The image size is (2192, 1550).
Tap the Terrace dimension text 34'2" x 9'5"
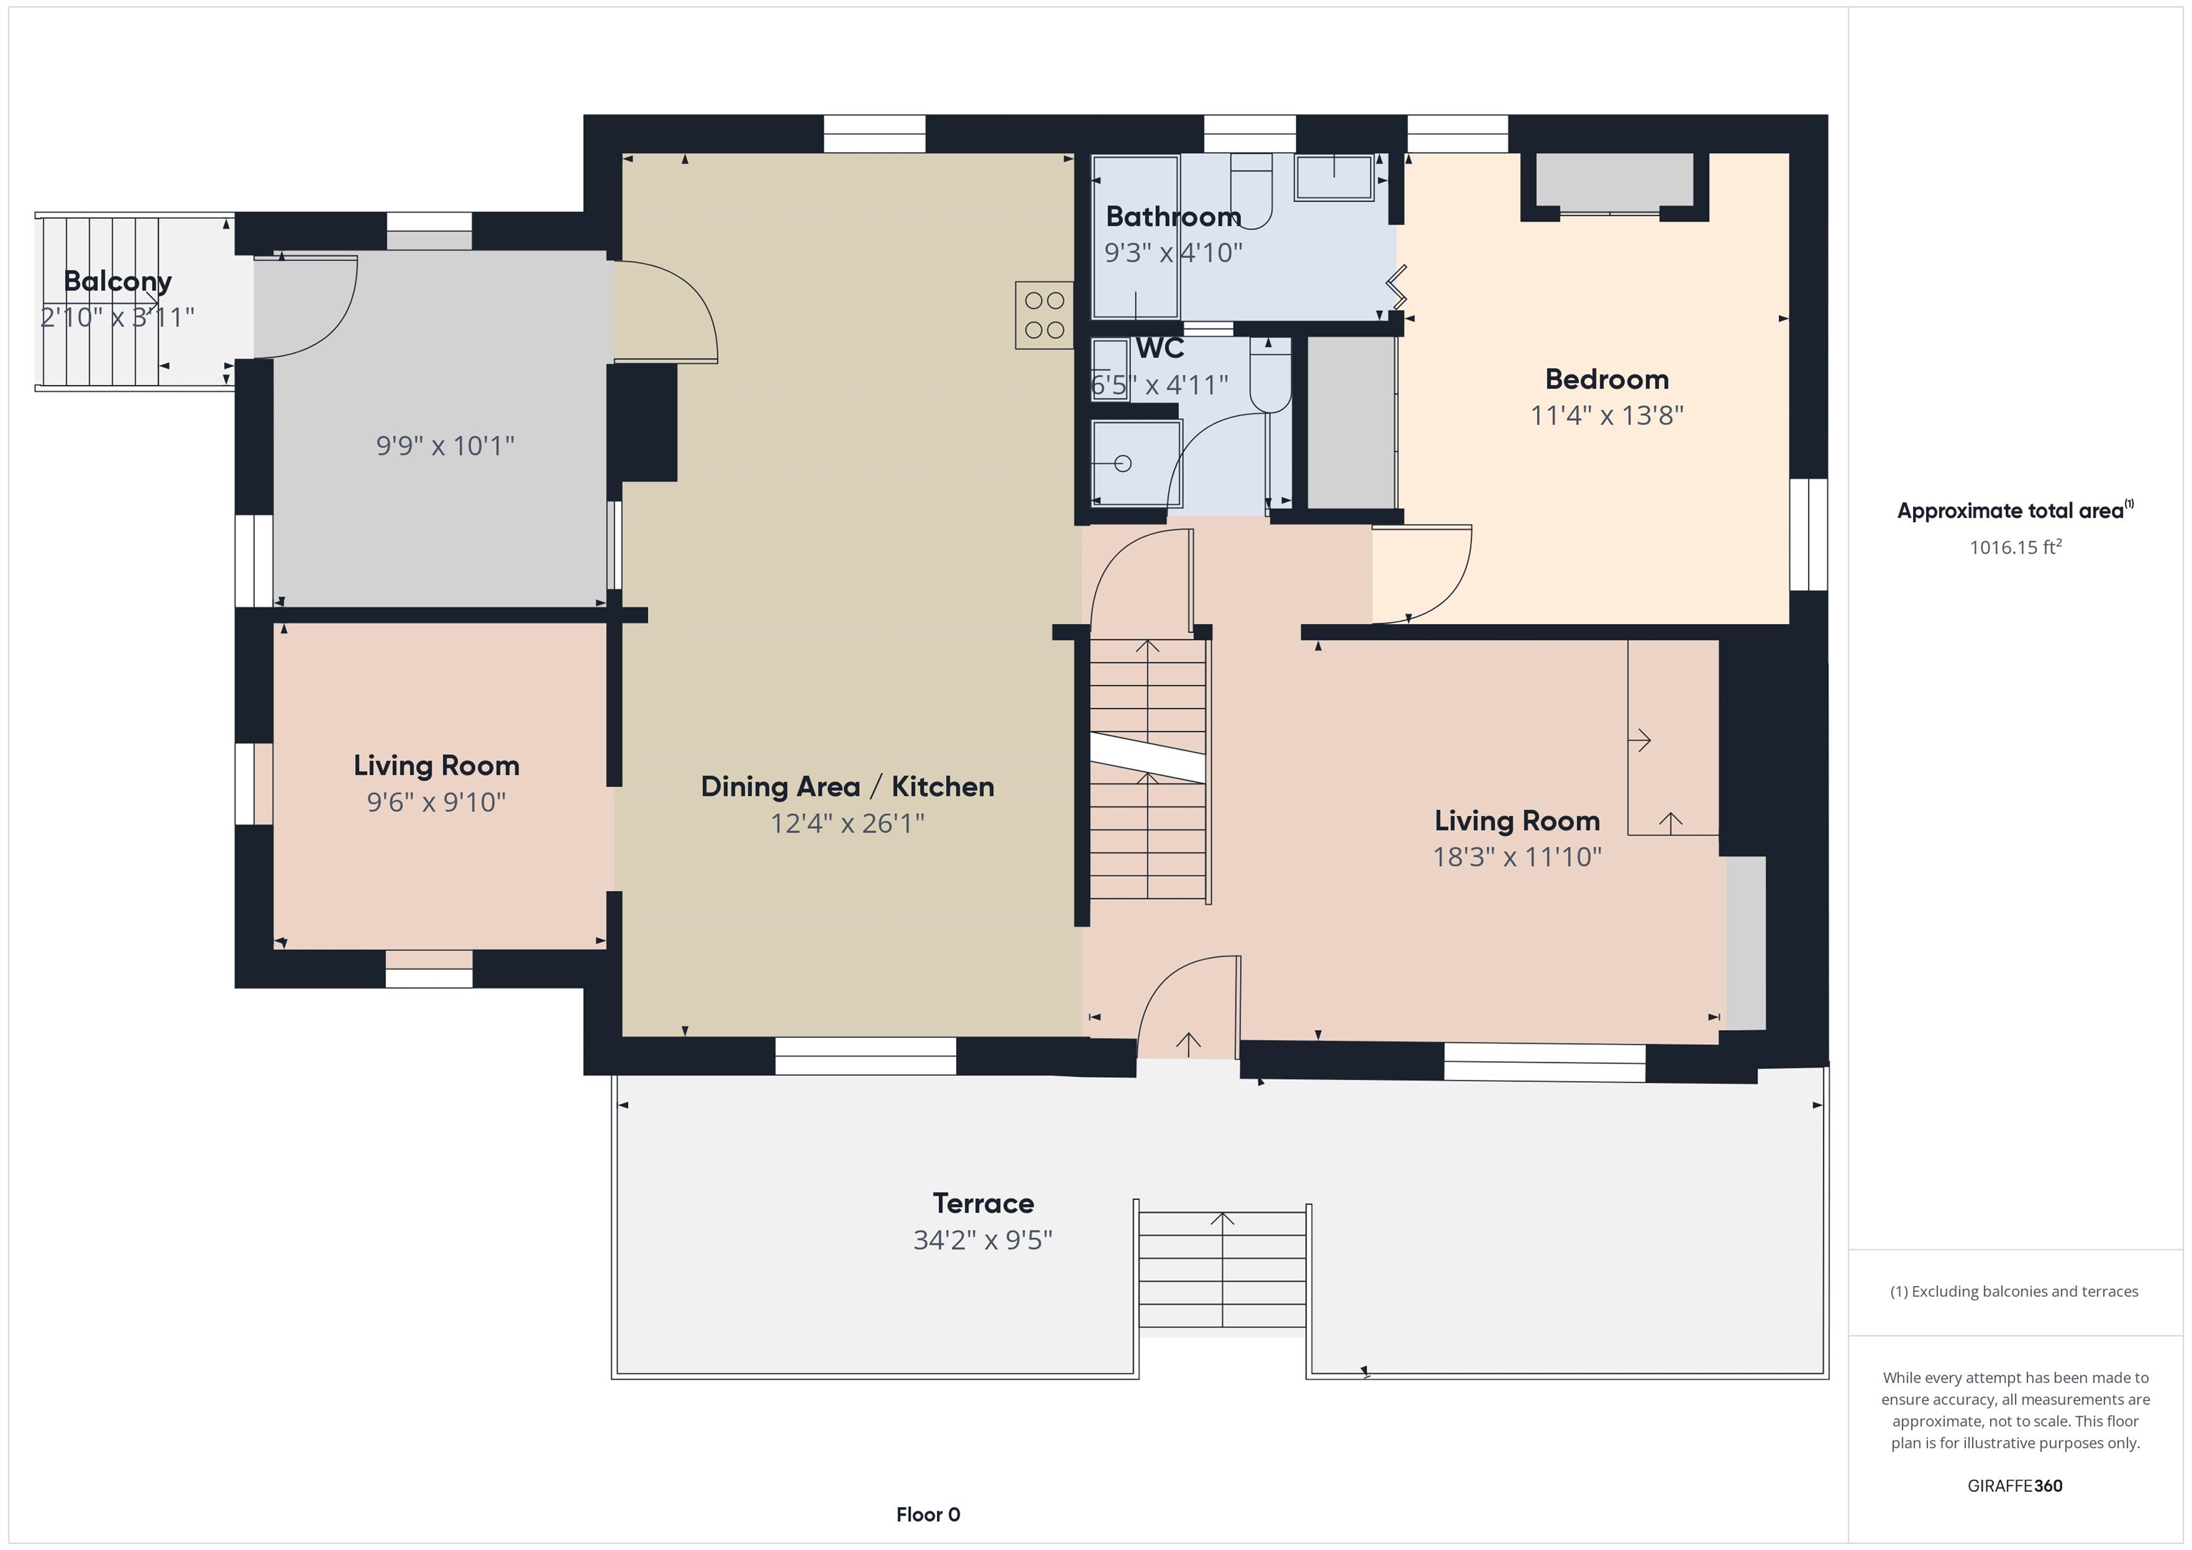pos(983,1240)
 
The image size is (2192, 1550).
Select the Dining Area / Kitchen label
pos(848,787)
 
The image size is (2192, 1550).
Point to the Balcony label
pos(118,282)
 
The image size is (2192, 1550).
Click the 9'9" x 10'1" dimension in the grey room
pos(445,446)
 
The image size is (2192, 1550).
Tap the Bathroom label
pos(1173,217)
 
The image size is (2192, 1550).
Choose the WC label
pos(1160,348)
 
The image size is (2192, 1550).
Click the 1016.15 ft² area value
pos(2015,547)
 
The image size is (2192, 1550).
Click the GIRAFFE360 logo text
pos(2014,1486)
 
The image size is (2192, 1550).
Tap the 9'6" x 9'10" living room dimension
pos(436,802)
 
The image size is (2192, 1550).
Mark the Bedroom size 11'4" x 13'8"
pos(1607,415)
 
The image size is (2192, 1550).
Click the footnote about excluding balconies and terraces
pos(2014,1291)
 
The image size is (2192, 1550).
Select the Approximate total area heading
pos(2014,510)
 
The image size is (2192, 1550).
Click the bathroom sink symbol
pos(1334,177)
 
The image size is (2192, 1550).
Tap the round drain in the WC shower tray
pos(1122,464)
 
